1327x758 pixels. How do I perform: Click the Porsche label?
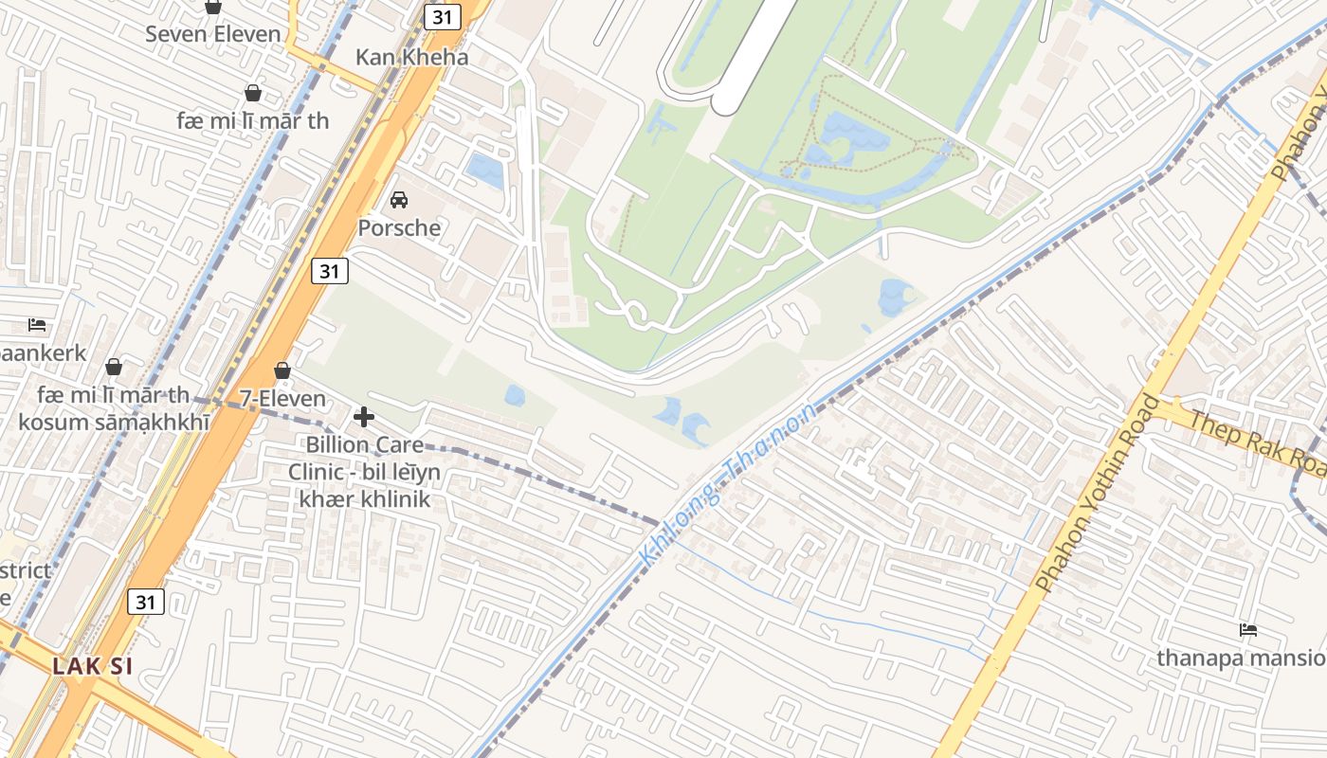tap(399, 228)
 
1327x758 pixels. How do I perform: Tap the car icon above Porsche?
tap(399, 200)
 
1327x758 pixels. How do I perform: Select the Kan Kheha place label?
tap(411, 57)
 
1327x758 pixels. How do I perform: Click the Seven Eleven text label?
tap(213, 34)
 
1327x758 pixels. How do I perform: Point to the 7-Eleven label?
tap(282, 399)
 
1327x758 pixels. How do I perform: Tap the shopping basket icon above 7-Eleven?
tap(282, 370)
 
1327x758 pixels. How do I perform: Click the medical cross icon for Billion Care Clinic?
tap(363, 417)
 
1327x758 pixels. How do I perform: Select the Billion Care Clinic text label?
tap(365, 471)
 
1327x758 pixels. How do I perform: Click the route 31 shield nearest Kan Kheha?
tap(442, 16)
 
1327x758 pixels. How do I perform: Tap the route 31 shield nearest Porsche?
tap(329, 271)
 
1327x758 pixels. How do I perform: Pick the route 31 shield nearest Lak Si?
tap(146, 602)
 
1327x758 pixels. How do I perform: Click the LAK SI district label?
tap(92, 666)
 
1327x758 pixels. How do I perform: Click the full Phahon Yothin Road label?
tap(1099, 494)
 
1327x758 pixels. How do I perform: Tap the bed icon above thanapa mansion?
tap(1248, 630)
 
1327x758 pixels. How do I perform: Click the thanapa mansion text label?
tap(1240, 658)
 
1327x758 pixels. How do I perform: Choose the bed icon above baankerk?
tap(37, 325)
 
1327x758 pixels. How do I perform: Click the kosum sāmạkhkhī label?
tap(114, 422)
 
